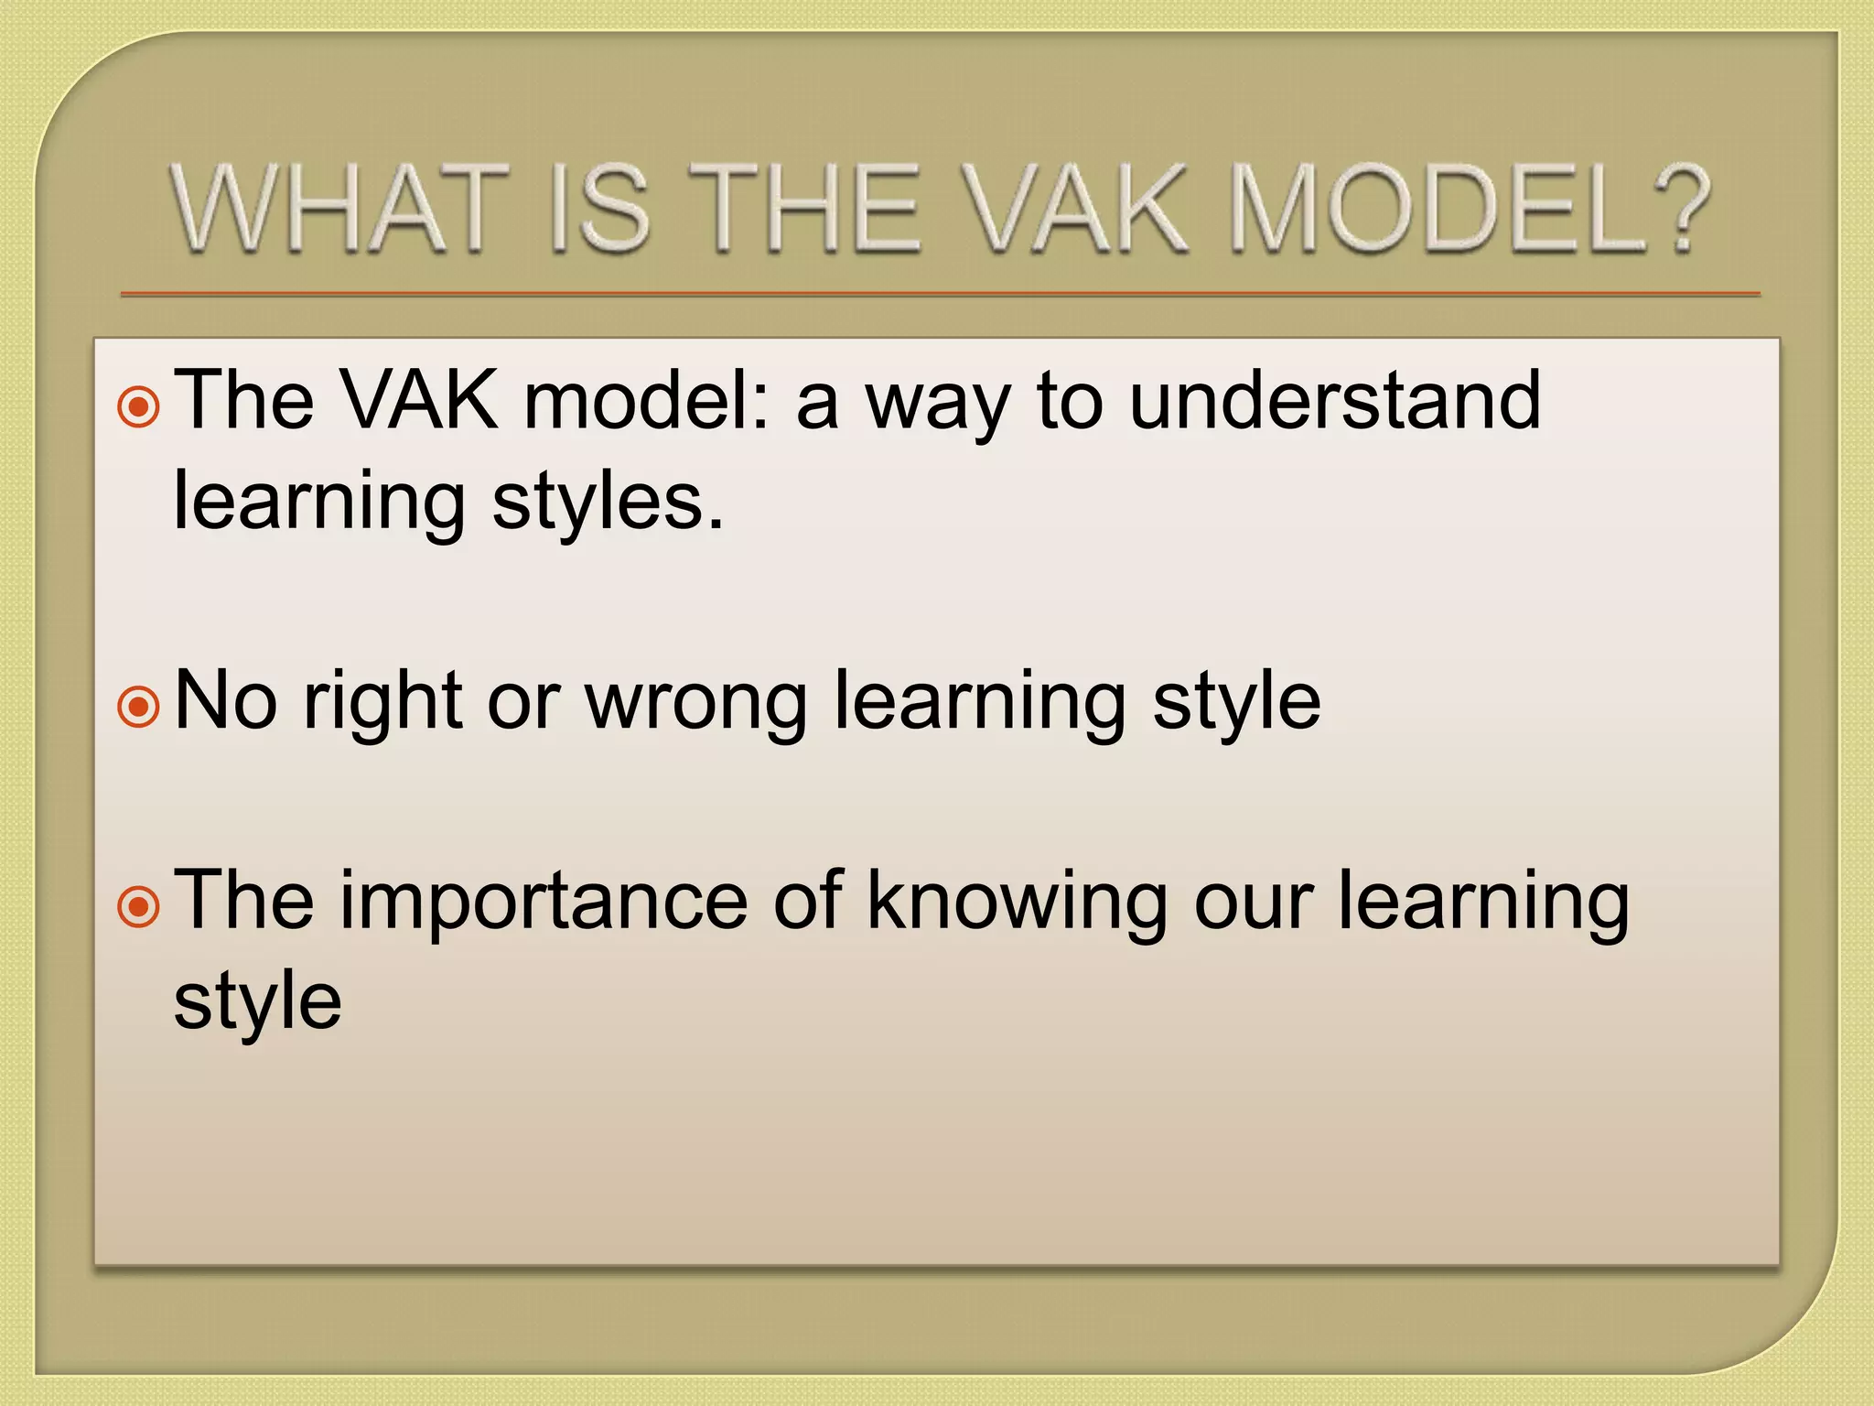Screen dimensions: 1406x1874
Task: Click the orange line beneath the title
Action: tap(940, 295)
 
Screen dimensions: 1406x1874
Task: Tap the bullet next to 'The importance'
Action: tap(139, 907)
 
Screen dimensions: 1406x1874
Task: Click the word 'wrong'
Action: tap(696, 703)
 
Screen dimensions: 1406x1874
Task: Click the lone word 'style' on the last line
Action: tap(257, 1001)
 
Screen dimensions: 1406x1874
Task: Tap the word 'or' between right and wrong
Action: tap(522, 703)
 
